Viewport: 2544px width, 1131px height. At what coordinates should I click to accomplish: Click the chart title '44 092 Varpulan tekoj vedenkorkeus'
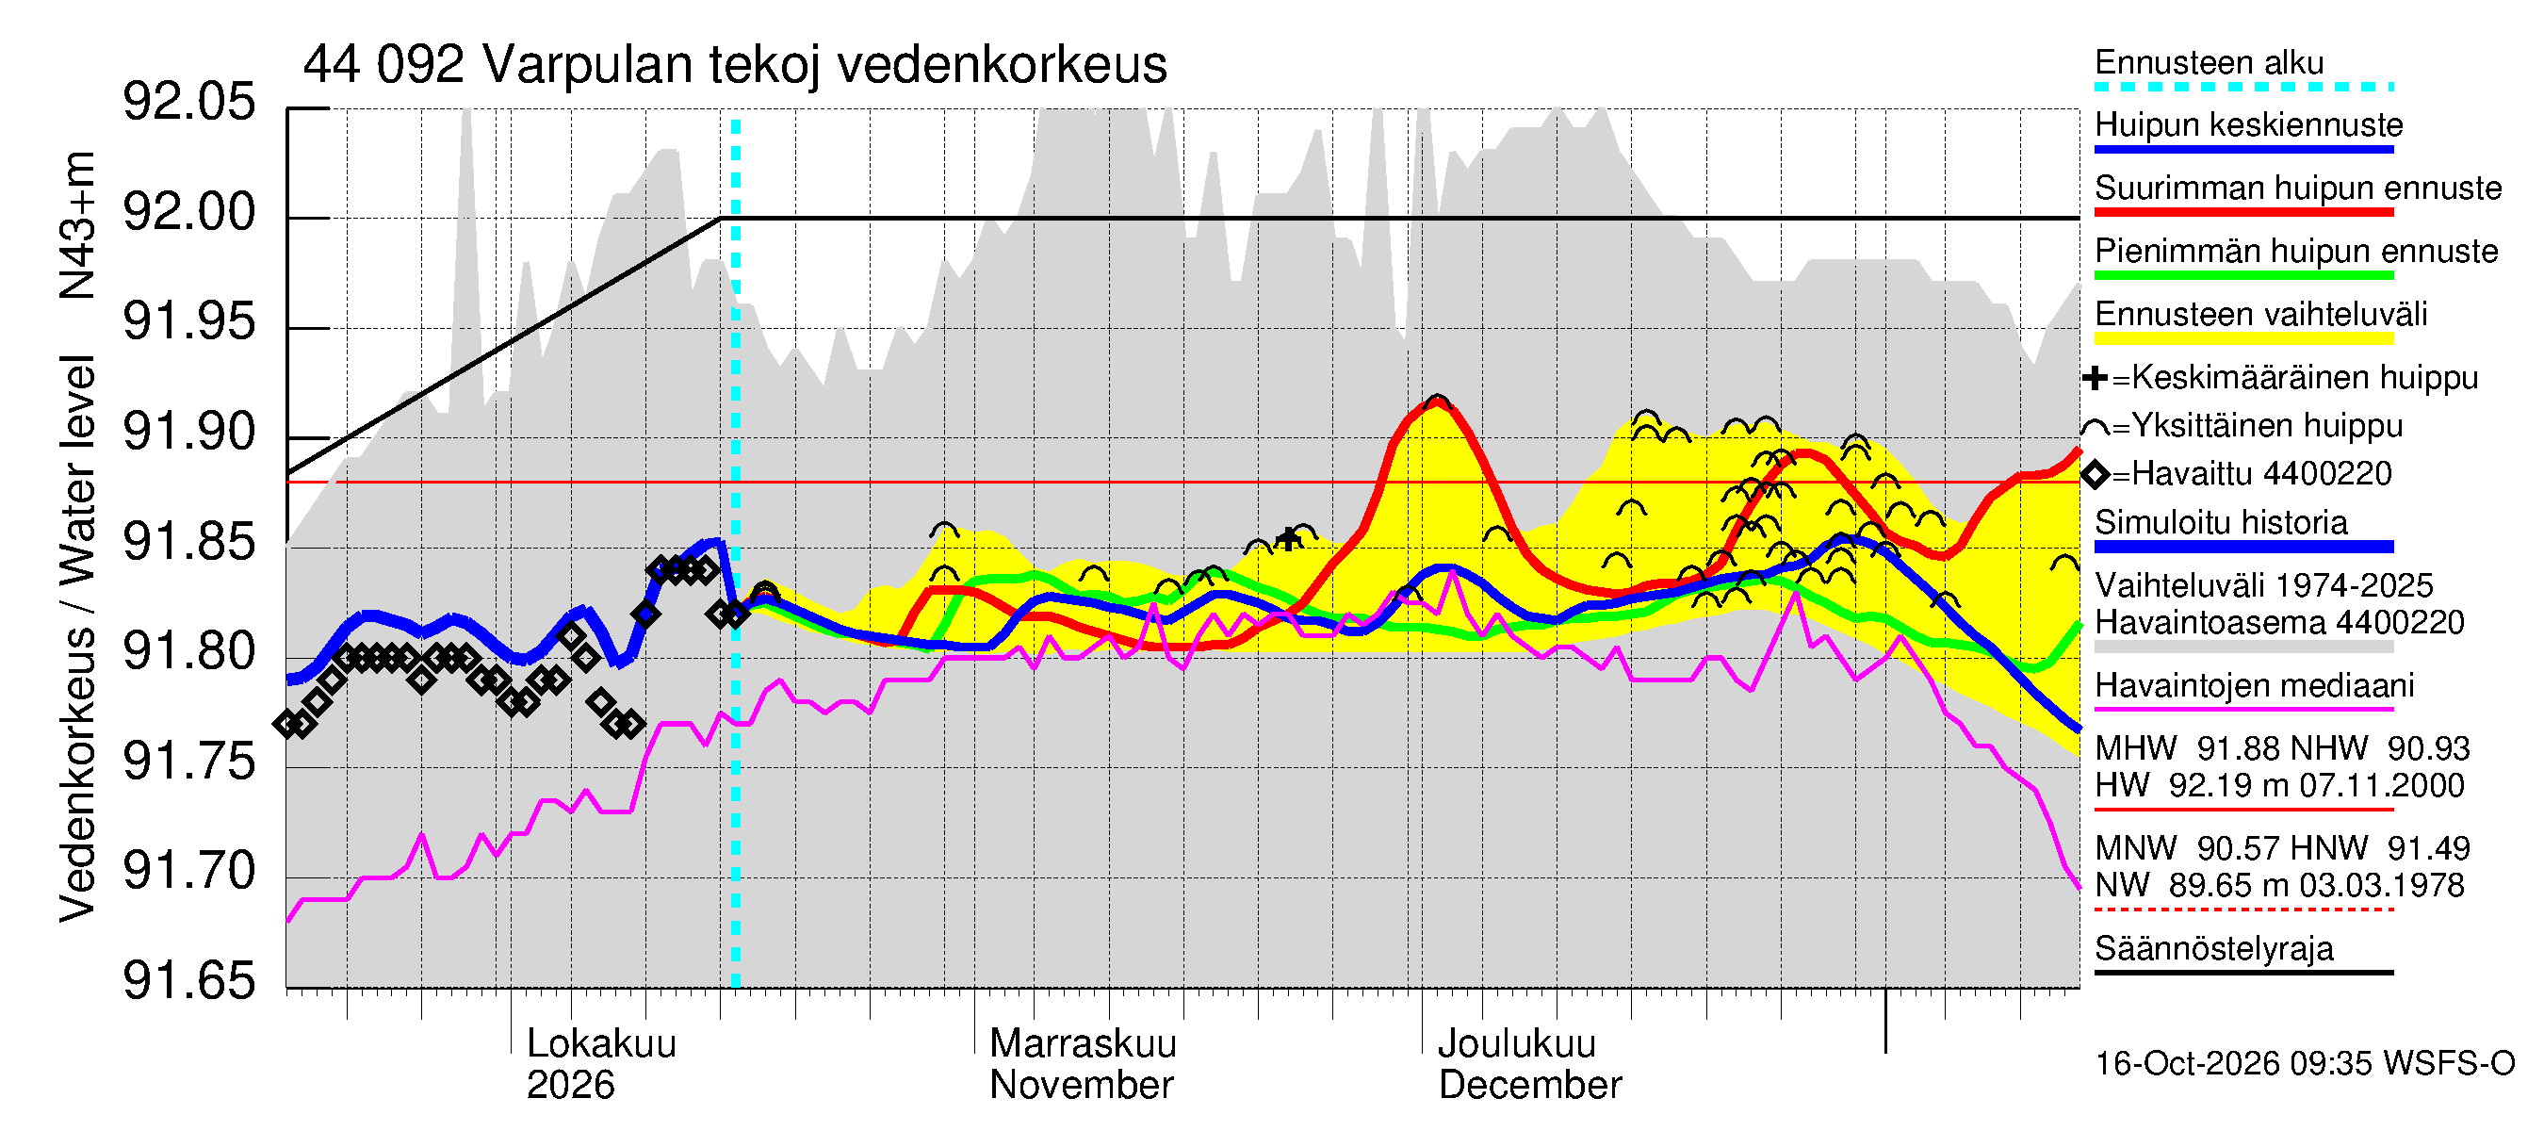pos(735,65)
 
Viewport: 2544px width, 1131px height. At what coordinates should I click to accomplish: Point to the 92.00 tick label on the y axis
pos(188,212)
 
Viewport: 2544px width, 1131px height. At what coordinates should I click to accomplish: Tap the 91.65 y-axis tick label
pos(188,981)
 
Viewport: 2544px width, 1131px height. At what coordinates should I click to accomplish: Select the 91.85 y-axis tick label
pos(188,542)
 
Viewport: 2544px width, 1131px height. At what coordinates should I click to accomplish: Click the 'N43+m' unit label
pos(77,225)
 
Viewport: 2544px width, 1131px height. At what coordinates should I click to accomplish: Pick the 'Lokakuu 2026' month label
pos(601,1064)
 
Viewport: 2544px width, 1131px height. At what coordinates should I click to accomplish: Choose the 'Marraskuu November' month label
pos(1083,1064)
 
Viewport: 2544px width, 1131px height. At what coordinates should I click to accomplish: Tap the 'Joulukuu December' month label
pos(1530,1064)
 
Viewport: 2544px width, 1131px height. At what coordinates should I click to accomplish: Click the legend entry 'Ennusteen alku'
pos(2210,62)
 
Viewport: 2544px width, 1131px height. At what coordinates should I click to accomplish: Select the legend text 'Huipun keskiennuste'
pos(2249,125)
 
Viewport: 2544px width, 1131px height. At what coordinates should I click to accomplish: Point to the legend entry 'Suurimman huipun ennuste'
pos(2298,188)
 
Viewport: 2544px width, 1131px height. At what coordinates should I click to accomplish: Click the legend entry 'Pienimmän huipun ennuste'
pos(2296,251)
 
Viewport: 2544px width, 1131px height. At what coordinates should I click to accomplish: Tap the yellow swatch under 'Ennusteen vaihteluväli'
pos(2243,338)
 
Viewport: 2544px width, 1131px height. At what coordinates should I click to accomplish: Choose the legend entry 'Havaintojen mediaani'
pos(2255,685)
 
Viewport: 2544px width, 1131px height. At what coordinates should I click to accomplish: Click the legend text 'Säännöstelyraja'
pos(2214,949)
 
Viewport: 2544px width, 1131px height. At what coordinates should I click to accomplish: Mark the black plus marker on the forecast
pos(1288,538)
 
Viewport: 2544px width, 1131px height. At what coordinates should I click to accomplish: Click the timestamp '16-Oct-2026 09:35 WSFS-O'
pos(2304,1064)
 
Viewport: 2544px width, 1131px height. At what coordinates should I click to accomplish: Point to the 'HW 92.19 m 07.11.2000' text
pos(2279,786)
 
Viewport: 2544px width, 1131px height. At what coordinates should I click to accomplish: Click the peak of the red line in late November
pos(1436,402)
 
